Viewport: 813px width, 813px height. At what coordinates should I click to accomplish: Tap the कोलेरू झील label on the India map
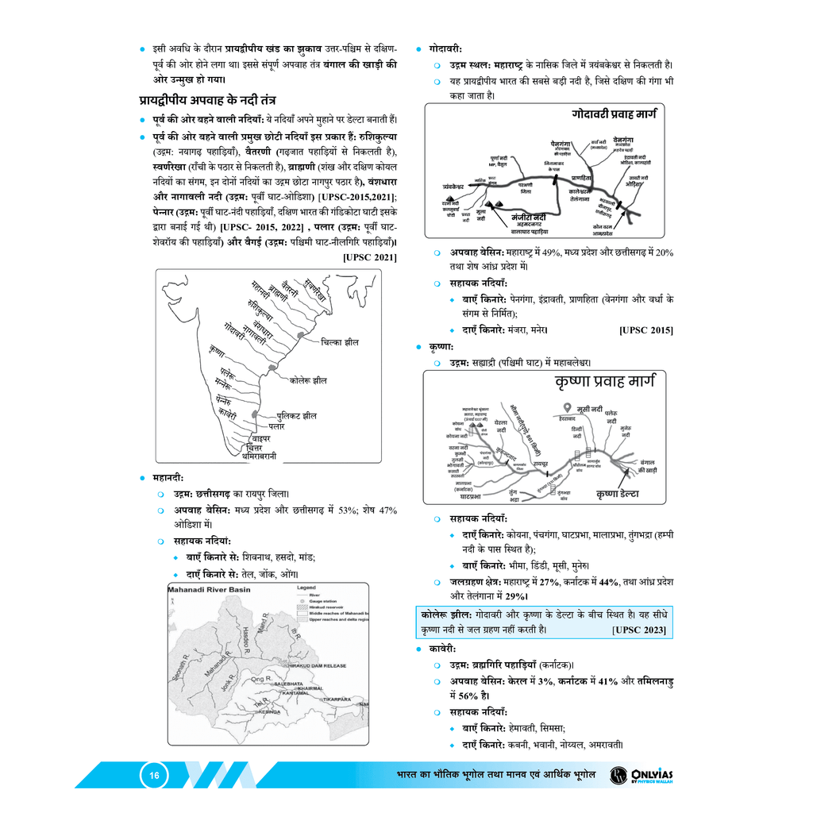(308, 380)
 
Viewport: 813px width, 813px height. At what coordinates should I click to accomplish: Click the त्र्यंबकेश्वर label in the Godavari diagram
(460, 187)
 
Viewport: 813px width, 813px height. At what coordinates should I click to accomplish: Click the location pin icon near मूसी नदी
(566, 407)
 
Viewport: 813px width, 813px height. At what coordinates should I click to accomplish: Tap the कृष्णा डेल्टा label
(623, 495)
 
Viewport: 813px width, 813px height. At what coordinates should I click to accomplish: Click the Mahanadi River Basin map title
(209, 590)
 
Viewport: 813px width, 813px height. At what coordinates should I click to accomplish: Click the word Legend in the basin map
(306, 588)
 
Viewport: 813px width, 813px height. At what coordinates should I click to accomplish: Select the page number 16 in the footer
(155, 776)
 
